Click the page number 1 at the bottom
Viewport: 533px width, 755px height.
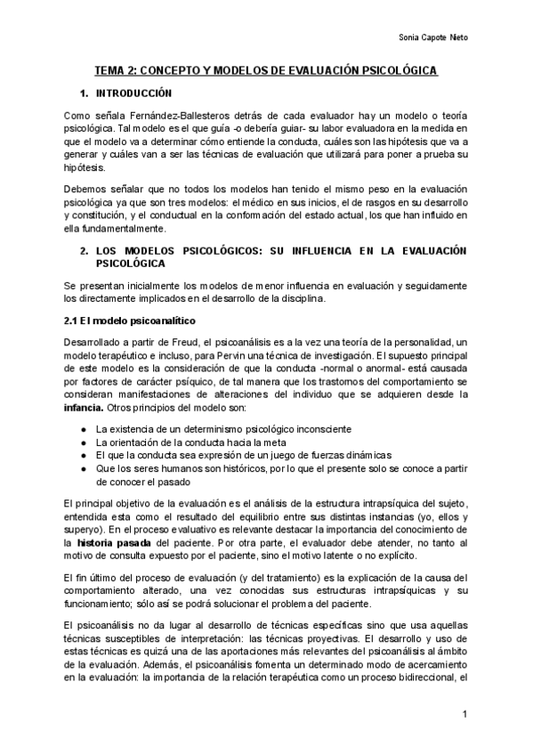click(464, 715)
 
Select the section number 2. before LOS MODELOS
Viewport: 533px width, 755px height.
click(84, 252)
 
